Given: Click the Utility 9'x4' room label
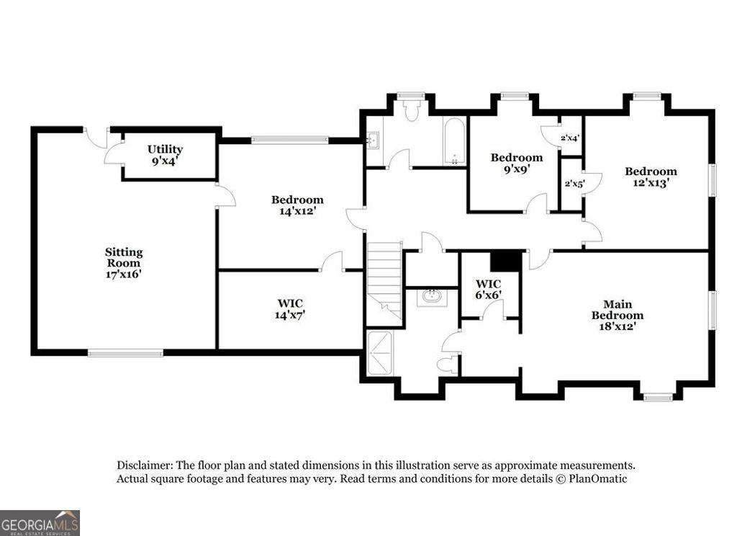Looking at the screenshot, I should (165, 155).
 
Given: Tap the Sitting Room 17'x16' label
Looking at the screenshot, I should (124, 262).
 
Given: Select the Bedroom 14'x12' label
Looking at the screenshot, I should (297, 205).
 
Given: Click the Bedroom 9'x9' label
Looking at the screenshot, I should (516, 163).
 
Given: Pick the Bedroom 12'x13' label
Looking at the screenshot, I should (651, 177).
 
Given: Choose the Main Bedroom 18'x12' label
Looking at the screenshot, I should (617, 315).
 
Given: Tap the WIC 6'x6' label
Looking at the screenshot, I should (488, 289).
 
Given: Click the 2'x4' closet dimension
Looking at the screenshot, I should (570, 136).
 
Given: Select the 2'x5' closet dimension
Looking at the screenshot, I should (573, 184).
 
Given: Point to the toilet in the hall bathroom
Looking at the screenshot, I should (412, 110).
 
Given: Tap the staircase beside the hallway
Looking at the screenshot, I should (384, 277).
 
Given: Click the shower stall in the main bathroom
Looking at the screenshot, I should (381, 353).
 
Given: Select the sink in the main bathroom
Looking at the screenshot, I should (432, 296).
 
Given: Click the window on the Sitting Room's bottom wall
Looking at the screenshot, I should (125, 353).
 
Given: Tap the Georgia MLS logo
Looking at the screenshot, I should (40, 522).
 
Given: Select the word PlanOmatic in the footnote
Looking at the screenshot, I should (600, 478).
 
